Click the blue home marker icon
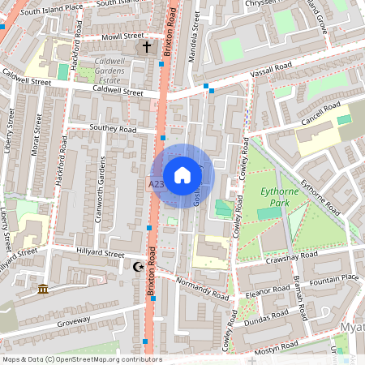pos(182,175)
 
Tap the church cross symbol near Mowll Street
pos(147,47)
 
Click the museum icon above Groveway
pos(42,290)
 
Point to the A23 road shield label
pos(157,185)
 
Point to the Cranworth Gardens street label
pos(102,180)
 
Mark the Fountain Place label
pos(334,279)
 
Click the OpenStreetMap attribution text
pos(81,359)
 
